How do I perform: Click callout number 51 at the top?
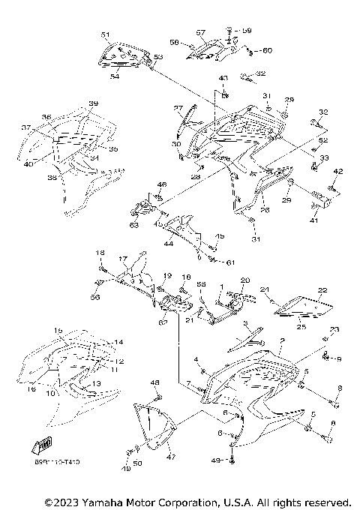coord(105,35)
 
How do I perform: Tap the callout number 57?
coord(201,33)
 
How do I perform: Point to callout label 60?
coord(268,50)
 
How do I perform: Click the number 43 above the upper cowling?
coord(223,79)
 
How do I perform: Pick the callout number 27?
coord(178,108)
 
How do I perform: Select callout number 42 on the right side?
coord(337,172)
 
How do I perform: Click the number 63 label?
coord(134,224)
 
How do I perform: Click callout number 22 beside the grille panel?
coord(322,290)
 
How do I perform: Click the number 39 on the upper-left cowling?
coord(94,103)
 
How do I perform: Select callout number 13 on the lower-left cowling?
coord(95,383)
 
